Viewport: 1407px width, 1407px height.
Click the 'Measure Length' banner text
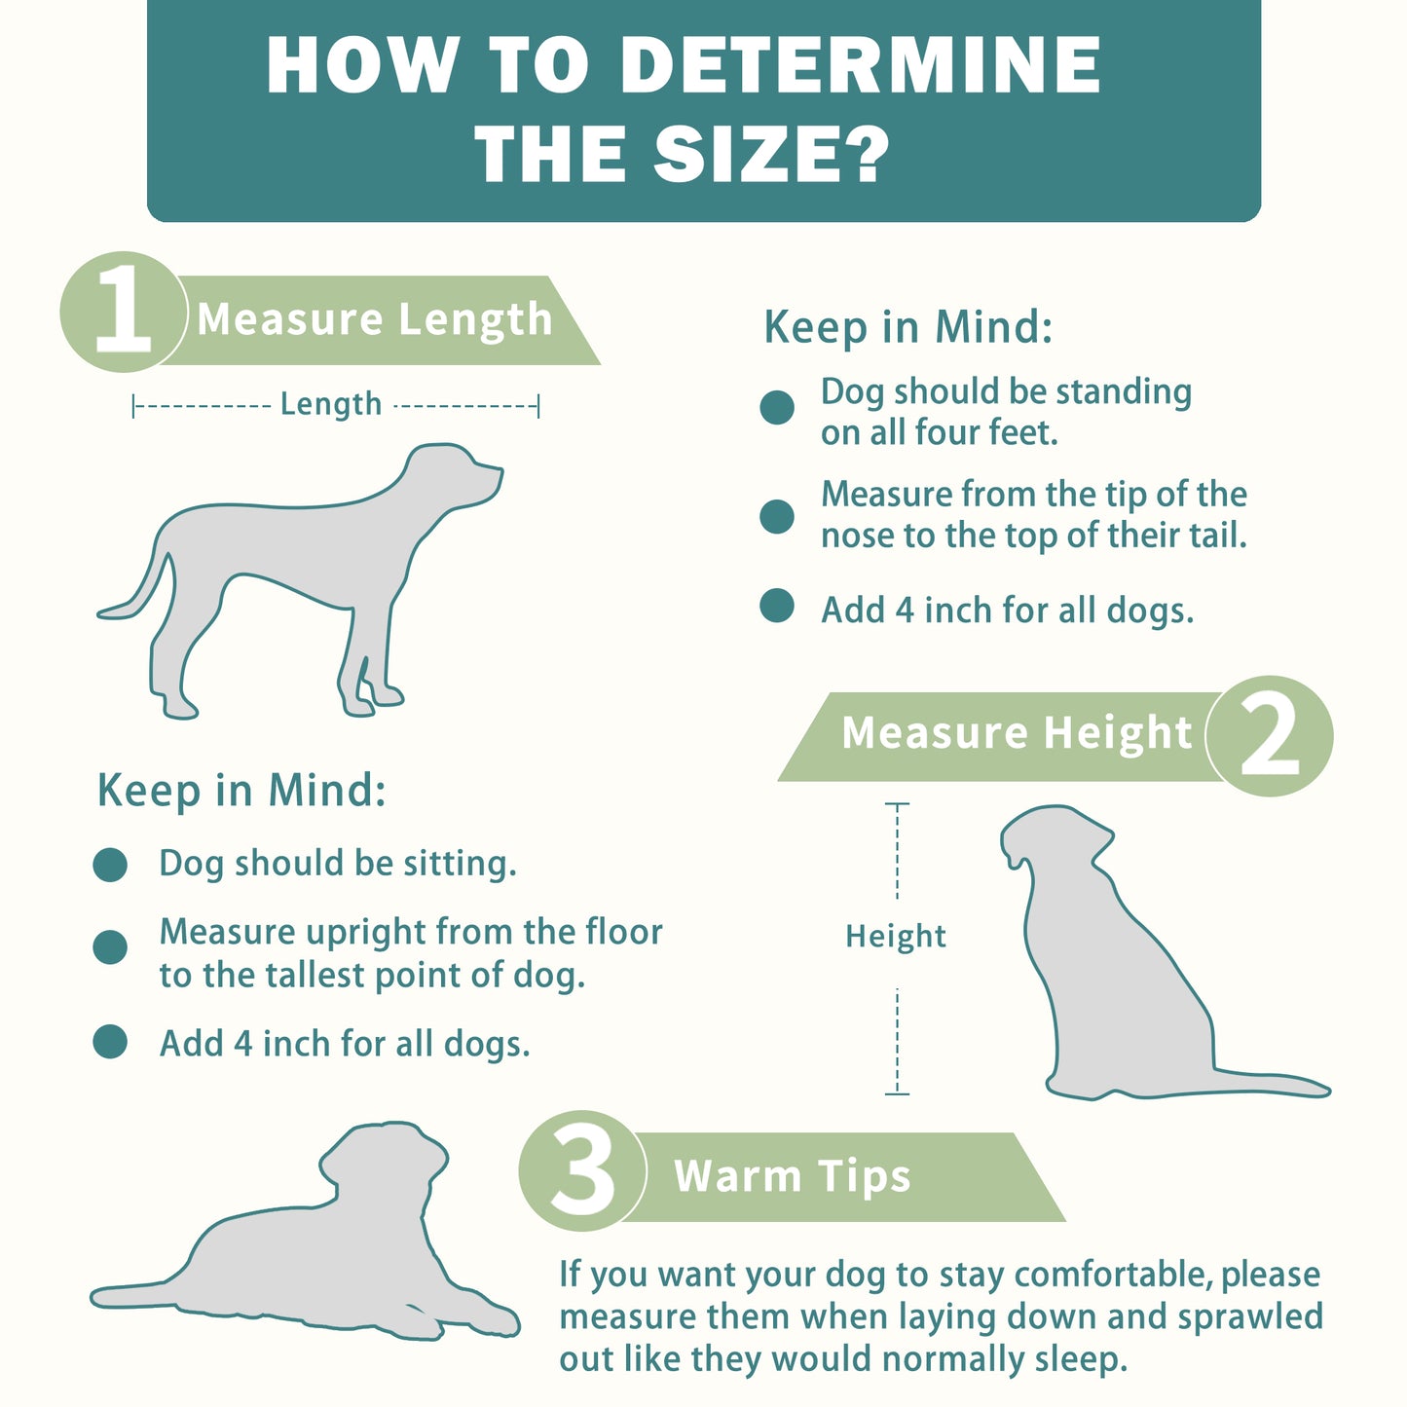[375, 319]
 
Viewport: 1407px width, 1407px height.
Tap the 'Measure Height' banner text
[1017, 733]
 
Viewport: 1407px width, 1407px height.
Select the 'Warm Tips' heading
[793, 1176]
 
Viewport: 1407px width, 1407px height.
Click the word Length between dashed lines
[331, 404]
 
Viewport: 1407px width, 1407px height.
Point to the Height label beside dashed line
[896, 937]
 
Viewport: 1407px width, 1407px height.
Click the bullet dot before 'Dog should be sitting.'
[110, 866]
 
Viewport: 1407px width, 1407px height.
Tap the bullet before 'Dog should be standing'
[777, 407]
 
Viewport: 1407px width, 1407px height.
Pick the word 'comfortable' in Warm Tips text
[1113, 1275]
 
